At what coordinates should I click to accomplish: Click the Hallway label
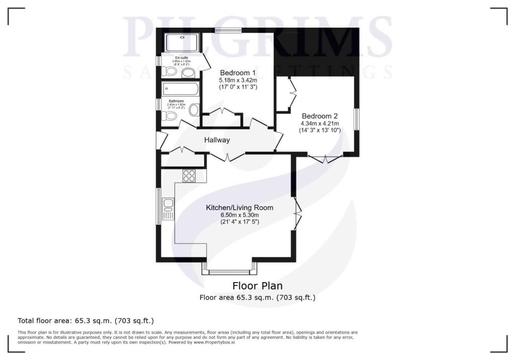[217, 140]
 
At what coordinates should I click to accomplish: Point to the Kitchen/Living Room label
[239, 207]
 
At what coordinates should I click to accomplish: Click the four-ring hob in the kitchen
[189, 175]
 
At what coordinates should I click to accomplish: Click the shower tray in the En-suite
[182, 43]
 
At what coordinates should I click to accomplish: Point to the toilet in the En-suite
[170, 73]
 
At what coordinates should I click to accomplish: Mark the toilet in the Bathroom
[171, 117]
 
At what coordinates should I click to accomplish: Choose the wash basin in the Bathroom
[194, 110]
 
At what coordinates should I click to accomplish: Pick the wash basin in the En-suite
[189, 73]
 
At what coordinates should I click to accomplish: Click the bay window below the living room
[229, 272]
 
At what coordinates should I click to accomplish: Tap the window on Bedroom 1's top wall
[228, 31]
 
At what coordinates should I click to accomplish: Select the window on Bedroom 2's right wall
[357, 120]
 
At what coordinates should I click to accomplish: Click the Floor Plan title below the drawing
[257, 286]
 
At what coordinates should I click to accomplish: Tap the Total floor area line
[85, 320]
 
